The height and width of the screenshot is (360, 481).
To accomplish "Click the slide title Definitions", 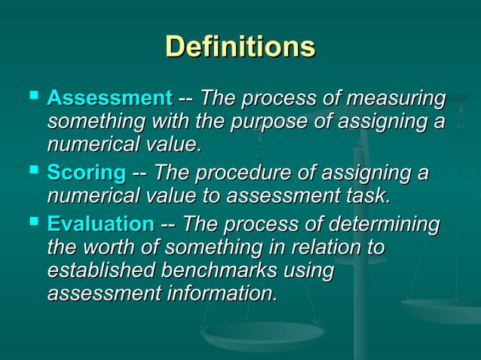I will (240, 47).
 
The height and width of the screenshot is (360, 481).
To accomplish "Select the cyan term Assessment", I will (110, 99).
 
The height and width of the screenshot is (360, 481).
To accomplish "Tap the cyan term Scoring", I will (86, 175).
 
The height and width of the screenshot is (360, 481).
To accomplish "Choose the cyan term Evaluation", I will (100, 224).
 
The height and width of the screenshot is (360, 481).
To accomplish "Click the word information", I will (216, 292).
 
